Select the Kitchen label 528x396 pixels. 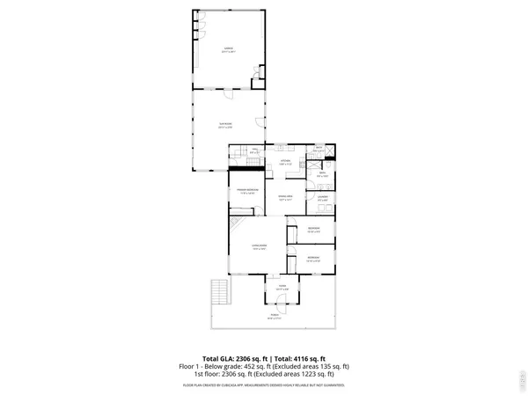click(x=285, y=162)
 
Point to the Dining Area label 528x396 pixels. click(x=284, y=198)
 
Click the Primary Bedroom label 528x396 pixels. click(x=246, y=192)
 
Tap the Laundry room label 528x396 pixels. click(x=323, y=199)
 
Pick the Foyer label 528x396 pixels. click(x=282, y=288)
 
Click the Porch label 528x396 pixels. click(x=275, y=317)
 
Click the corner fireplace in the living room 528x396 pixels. click(x=236, y=227)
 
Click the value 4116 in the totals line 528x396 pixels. click(x=306, y=359)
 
